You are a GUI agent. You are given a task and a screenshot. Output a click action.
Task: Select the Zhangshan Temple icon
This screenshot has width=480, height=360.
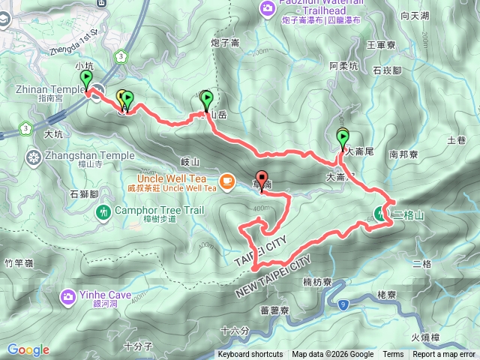point(33,157)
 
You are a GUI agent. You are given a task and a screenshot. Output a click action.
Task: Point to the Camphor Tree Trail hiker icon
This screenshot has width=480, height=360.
point(102,214)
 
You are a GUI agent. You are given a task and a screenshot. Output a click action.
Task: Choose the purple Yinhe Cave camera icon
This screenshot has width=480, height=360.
point(68,297)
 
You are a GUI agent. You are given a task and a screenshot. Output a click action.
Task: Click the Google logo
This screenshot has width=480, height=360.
point(28,349)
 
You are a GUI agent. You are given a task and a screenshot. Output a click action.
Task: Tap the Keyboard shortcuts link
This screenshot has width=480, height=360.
point(250,355)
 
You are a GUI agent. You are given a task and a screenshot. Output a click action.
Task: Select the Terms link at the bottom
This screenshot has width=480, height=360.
point(393,355)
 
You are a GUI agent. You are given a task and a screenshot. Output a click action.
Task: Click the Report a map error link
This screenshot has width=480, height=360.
point(445,355)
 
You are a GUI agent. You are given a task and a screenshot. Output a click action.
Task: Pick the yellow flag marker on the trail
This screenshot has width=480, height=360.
point(121,97)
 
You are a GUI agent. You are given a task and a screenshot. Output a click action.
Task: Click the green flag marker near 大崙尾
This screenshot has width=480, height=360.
point(343,138)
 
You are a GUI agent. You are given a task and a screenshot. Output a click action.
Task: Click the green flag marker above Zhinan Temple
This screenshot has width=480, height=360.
point(85,78)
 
